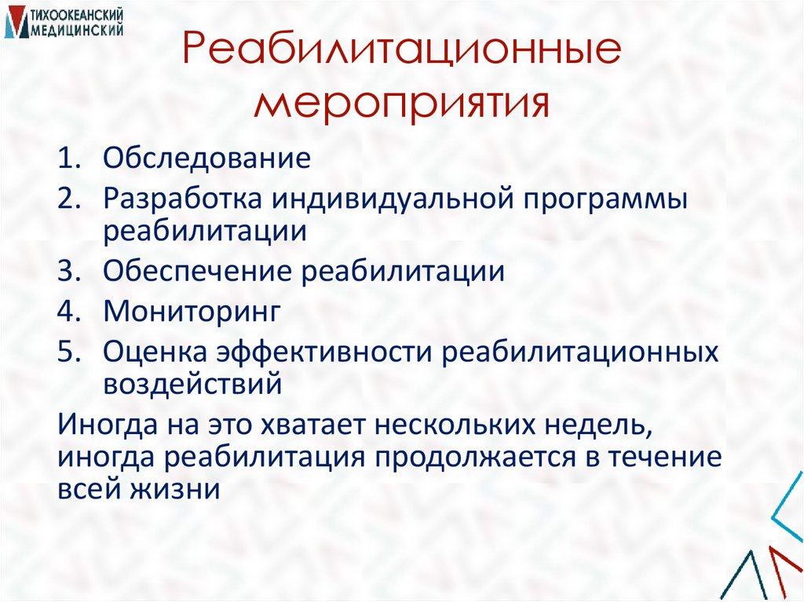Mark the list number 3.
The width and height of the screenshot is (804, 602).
pos(69,272)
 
